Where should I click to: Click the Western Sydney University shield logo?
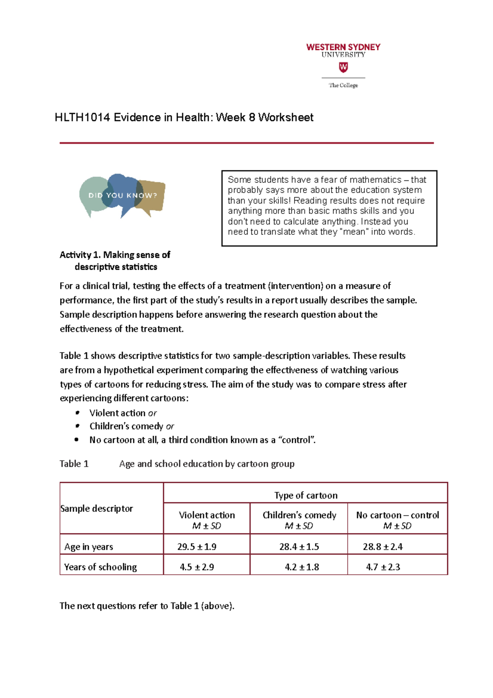pos(343,67)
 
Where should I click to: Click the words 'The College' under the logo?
pos(343,86)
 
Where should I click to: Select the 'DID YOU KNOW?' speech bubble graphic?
pos(122,196)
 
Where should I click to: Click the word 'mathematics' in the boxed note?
pos(375,180)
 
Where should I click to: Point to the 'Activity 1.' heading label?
pos(80,255)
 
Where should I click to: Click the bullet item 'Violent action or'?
pos(123,413)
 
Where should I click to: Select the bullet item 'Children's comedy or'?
pos(131,426)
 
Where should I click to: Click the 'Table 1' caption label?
pos(74,464)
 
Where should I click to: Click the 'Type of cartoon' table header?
pos(306,495)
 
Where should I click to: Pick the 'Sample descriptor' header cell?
pos(97,508)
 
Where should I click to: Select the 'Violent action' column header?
pos(207,515)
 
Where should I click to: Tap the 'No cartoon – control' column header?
pos(397,515)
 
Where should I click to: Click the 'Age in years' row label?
pos(88,547)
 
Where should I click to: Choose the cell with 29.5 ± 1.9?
pos(197,547)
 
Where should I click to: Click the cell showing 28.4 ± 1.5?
pos(299,547)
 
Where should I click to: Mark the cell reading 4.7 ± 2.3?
pos(383,567)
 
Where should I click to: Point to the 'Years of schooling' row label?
pos(100,567)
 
